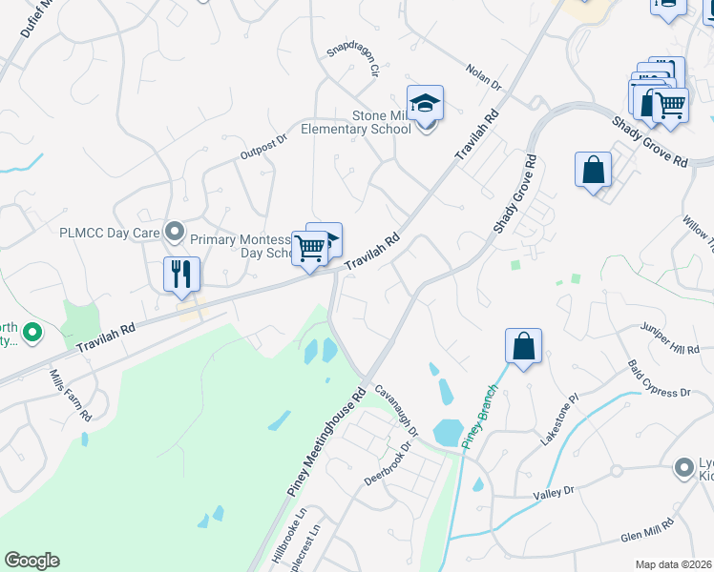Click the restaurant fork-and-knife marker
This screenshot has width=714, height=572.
tap(180, 275)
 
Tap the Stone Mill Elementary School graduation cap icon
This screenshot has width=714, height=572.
tap(426, 103)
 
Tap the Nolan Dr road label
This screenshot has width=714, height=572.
tap(484, 75)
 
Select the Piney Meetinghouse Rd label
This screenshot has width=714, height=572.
tap(327, 439)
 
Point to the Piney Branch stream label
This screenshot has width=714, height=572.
tap(481, 416)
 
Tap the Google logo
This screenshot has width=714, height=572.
tap(31, 561)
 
